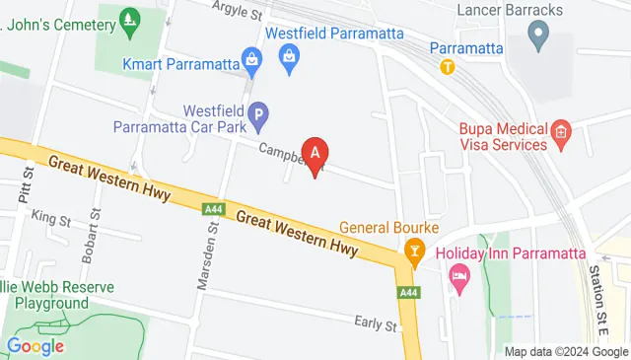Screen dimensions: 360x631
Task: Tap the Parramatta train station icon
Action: [448, 67]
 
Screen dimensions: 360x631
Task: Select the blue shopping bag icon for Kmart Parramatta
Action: [253, 64]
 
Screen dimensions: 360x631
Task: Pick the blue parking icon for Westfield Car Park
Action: [257, 119]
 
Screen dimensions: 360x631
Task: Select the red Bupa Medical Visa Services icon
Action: [561, 131]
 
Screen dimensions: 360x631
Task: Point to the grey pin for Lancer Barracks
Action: [537, 38]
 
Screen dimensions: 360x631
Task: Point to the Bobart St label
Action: [96, 228]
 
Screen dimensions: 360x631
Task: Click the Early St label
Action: [377, 322]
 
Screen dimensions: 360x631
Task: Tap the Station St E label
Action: [596, 292]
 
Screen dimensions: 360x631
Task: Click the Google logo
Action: [35, 345]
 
